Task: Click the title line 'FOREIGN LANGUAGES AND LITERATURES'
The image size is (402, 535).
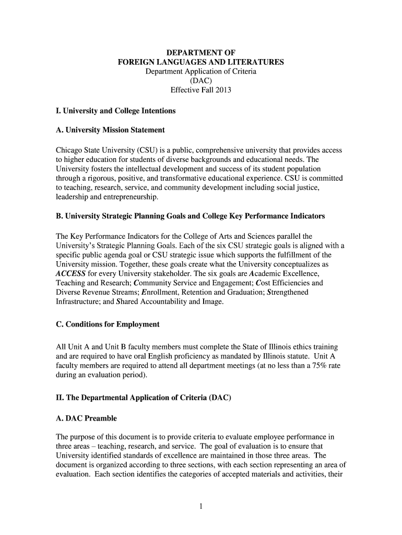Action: (201, 62)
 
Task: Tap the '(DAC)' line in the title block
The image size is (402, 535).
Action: (201, 80)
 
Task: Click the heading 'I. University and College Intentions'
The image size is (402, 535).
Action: (115, 111)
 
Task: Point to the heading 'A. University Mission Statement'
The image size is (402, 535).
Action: (110, 130)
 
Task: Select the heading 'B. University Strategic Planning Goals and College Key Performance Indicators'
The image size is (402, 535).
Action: (190, 216)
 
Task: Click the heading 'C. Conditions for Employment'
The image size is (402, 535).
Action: (108, 324)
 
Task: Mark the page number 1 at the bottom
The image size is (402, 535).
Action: (201, 506)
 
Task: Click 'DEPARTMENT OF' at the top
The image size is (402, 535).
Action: (201, 53)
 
